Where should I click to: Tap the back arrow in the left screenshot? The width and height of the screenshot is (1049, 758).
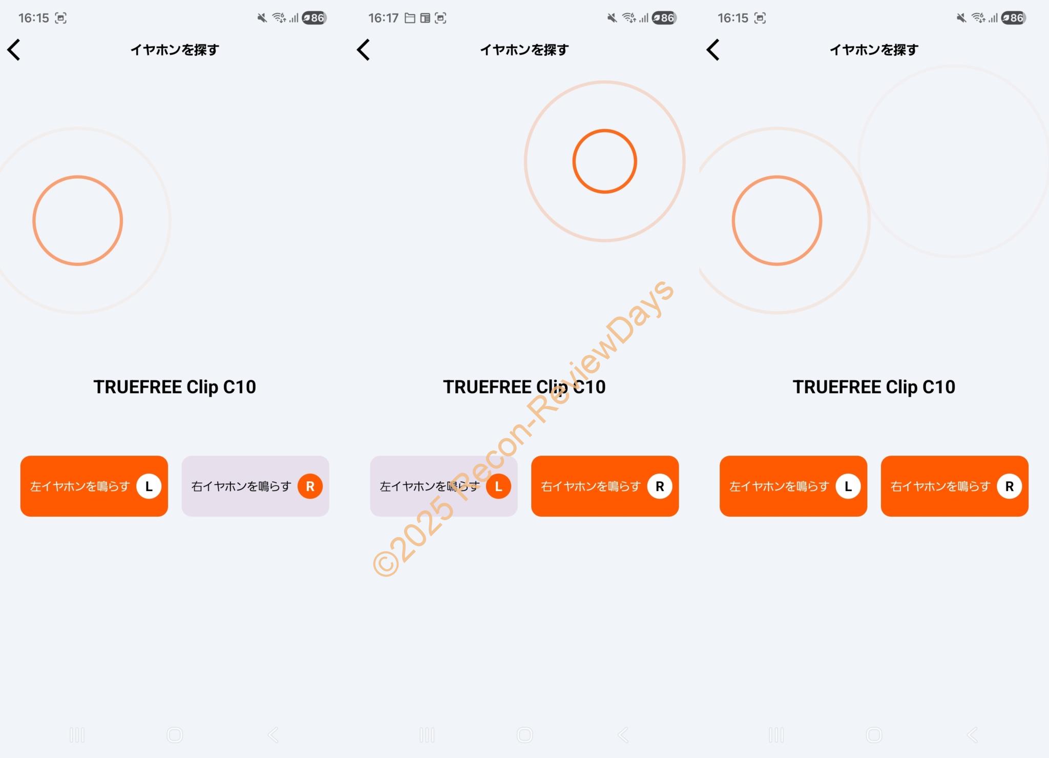coord(14,50)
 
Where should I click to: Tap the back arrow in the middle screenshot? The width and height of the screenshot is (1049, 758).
coord(364,50)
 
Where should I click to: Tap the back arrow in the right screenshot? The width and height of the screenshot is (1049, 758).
coord(713,50)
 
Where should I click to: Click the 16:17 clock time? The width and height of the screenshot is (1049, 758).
coord(383,18)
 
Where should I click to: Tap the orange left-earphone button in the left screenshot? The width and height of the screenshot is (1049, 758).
coord(94,486)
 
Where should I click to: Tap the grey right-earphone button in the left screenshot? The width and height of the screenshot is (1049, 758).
coord(256,486)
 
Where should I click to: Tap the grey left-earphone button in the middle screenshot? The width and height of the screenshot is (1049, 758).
coord(444,486)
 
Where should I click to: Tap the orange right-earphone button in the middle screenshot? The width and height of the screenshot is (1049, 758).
coord(605,486)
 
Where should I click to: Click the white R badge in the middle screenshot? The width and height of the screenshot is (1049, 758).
coord(660,486)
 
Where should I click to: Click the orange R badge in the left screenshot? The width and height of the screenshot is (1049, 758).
coord(310,486)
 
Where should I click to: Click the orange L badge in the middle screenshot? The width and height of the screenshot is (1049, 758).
coord(498,486)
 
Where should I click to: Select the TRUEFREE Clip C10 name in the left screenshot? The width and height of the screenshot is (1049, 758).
coord(175,387)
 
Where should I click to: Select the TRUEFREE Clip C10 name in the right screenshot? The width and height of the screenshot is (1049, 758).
coord(874,387)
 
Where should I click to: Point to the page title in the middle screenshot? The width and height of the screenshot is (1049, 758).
coord(524,50)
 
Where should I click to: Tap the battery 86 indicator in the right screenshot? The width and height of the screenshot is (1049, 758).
coord(1014,18)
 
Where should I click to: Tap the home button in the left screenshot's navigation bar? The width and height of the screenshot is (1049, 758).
coord(175,735)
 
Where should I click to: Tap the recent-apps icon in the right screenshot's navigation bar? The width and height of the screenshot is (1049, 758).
coord(776,735)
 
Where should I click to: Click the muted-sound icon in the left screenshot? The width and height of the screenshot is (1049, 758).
coord(262,18)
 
